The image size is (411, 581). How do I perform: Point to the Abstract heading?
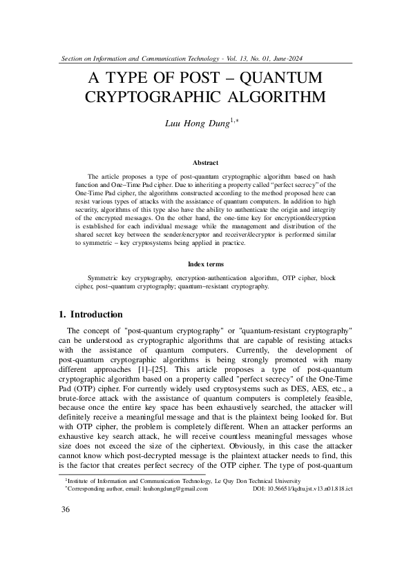coord(205,163)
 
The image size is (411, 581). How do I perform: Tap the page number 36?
coord(66,529)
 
